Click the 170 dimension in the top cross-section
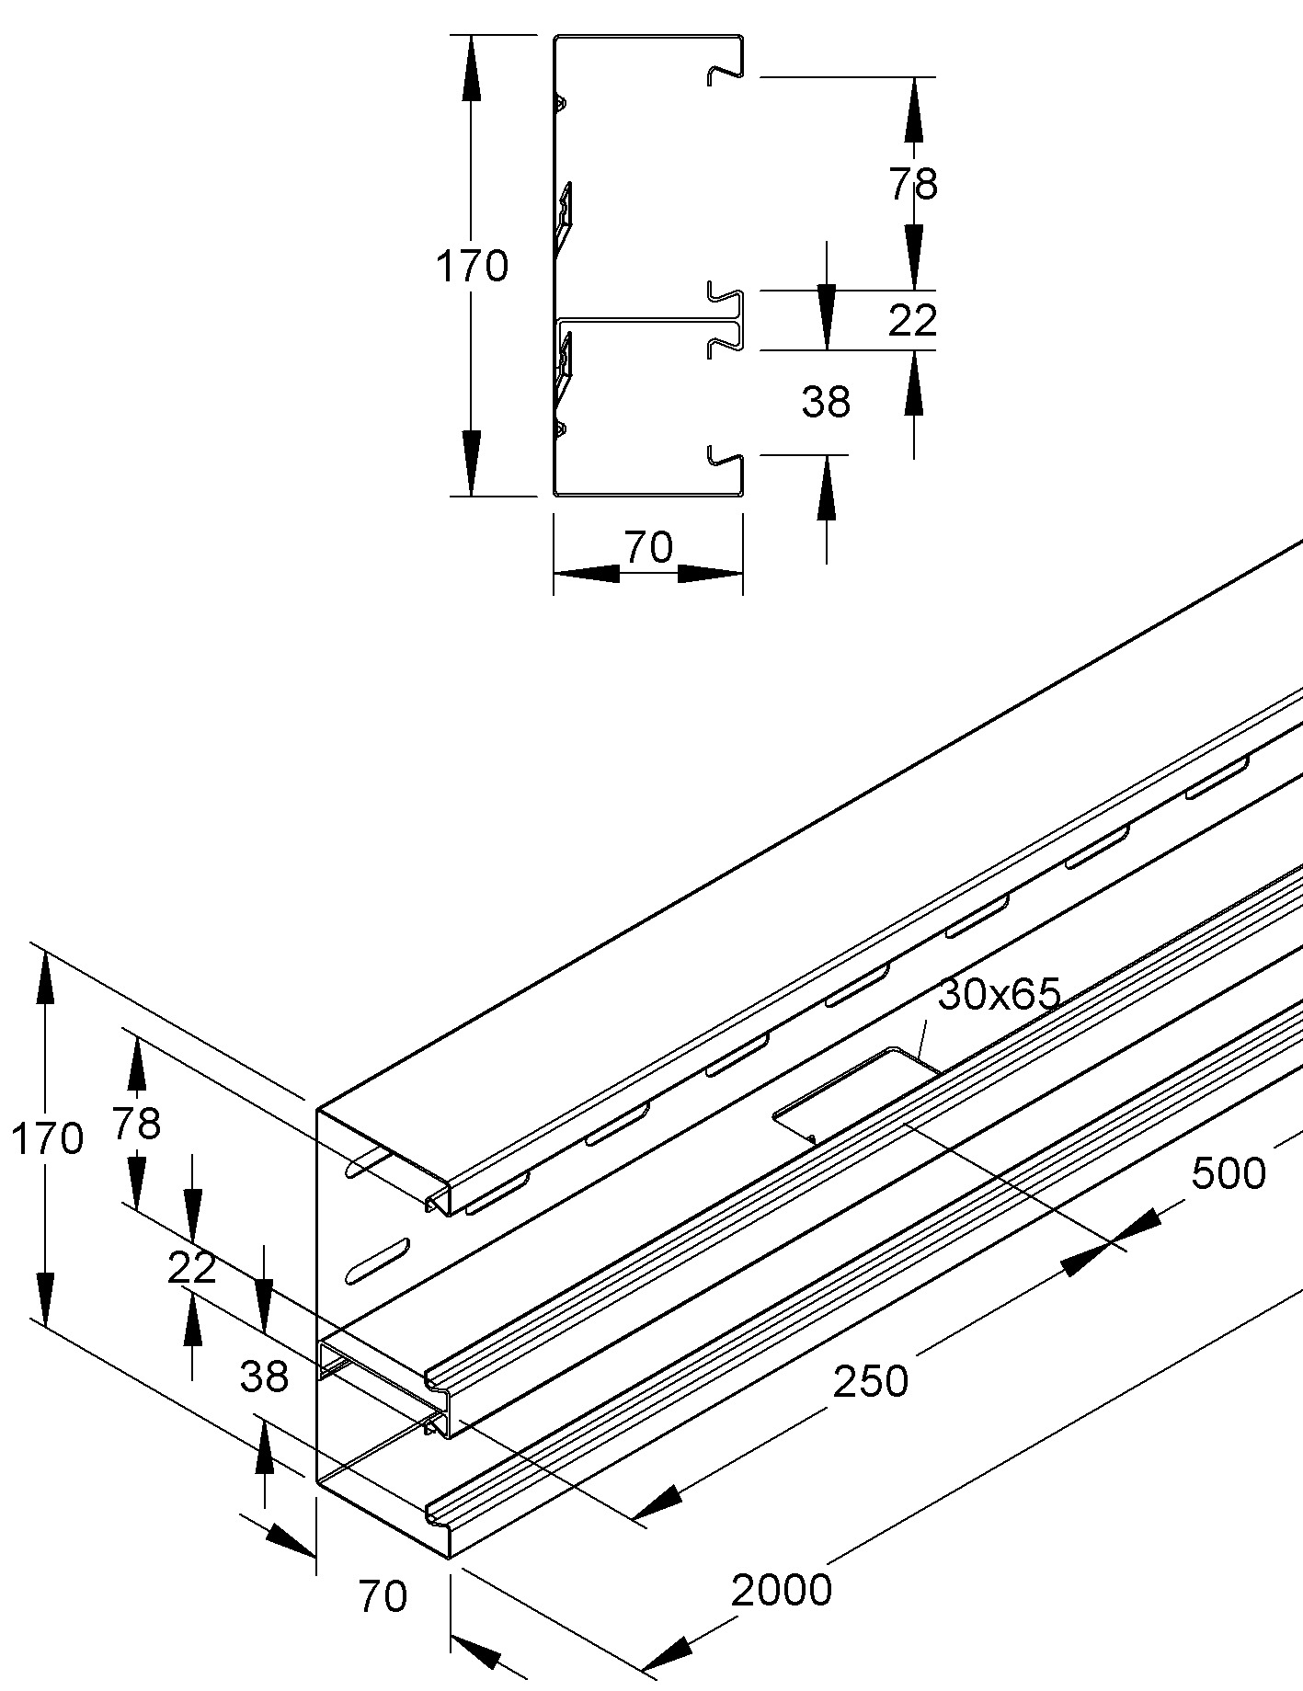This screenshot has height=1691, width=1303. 472,267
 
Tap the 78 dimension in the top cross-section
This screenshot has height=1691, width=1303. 913,185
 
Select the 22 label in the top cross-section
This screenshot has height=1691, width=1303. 913,320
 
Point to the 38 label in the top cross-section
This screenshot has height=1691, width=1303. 826,402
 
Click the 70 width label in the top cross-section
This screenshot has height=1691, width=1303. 648,548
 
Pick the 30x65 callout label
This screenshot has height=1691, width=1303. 1000,994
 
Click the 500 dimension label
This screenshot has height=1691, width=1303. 1229,1173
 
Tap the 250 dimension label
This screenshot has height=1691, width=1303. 870,1380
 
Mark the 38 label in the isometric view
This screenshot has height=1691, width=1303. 264,1377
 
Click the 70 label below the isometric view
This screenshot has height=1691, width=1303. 383,1597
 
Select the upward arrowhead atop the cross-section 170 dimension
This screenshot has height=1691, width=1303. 471,64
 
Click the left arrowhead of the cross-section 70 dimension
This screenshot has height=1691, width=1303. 584,573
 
